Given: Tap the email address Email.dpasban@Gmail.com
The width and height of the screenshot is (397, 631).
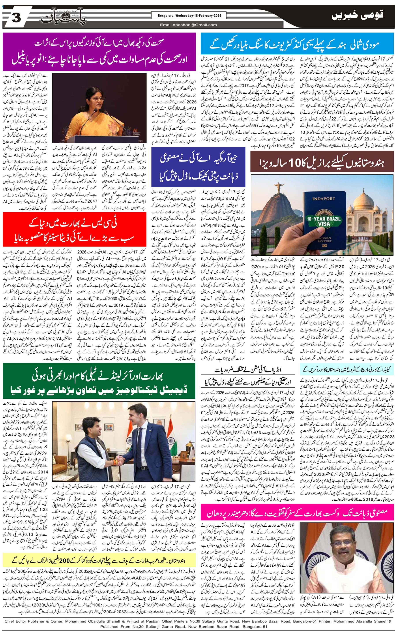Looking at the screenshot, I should click(x=189, y=25).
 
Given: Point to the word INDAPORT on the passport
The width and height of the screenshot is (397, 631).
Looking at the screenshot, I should click(x=323, y=199).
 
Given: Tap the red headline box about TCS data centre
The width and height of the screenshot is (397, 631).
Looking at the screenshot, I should click(x=75, y=229).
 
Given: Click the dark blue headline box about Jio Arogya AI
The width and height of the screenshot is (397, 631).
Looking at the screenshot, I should click(x=198, y=167).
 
